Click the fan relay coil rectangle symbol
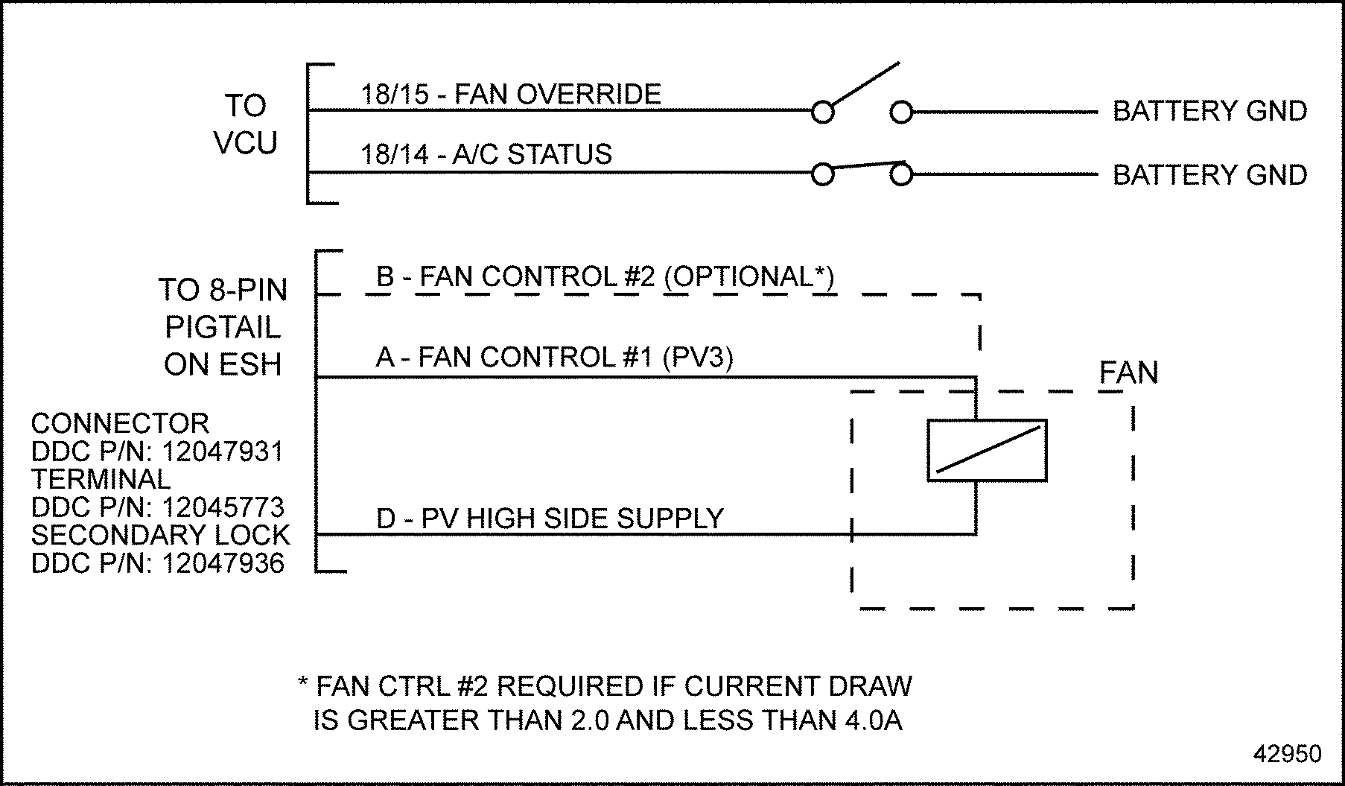click(987, 451)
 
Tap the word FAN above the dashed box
click(1128, 373)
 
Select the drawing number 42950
click(1288, 753)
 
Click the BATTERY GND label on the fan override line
click(1209, 111)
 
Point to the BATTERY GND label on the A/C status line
click(1209, 175)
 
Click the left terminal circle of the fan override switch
click(822, 112)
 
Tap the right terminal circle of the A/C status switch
click(901, 175)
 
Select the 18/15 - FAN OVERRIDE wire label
click(511, 95)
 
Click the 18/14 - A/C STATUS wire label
click(486, 154)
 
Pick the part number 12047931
click(223, 451)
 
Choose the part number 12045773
click(223, 507)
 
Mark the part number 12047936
click(223, 563)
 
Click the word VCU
click(245, 142)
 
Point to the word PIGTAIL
click(223, 327)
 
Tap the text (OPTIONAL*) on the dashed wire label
click(748, 276)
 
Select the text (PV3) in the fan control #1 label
click(697, 358)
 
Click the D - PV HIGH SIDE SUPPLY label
click(550, 519)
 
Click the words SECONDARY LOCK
click(160, 535)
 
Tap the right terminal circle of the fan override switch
click(901, 112)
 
